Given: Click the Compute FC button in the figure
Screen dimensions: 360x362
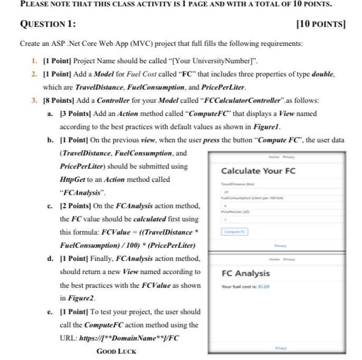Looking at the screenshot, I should click(235, 231).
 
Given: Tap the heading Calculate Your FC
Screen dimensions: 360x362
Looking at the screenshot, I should click(258, 171).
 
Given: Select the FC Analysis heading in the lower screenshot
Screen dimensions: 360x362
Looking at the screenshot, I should click(245, 273).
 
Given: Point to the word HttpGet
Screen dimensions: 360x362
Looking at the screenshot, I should click(73, 180).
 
